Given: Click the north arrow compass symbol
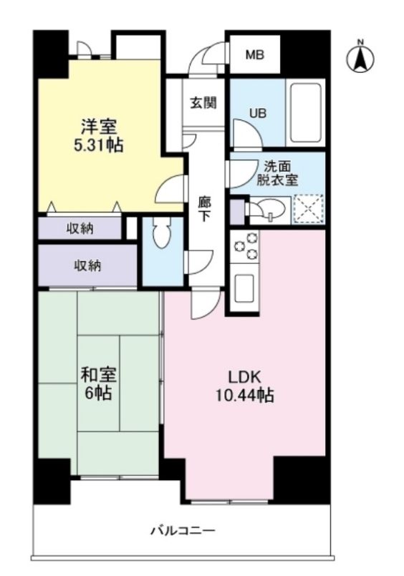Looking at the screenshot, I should (361, 58).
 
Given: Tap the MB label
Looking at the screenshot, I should (254, 54).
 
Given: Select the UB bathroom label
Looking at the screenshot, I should (257, 112).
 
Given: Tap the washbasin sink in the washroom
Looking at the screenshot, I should (271, 209).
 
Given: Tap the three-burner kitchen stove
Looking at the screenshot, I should (246, 247).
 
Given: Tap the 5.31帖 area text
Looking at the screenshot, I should (99, 146).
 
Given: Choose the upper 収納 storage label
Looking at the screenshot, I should (80, 228).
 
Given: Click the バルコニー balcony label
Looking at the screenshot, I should (182, 531).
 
